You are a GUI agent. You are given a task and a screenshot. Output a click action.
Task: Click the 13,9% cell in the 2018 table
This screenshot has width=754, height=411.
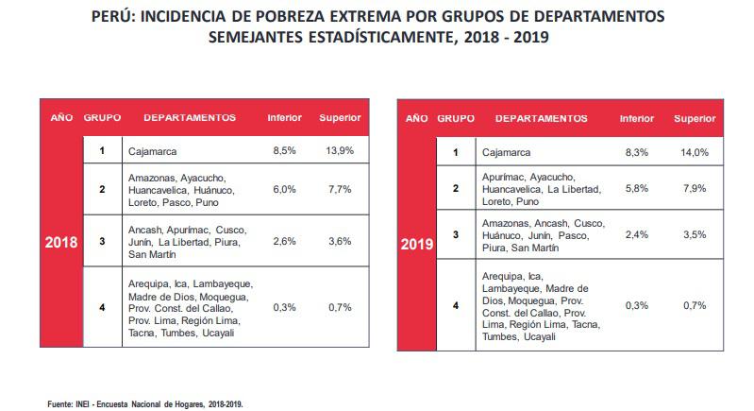coord(341,150)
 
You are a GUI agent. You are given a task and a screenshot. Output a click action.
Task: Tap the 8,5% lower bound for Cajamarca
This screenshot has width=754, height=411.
coord(284,150)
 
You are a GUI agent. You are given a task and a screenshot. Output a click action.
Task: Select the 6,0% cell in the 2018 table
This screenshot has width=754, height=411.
coord(284,189)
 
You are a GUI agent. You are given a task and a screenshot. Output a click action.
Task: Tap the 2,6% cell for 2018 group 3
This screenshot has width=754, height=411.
coord(284,242)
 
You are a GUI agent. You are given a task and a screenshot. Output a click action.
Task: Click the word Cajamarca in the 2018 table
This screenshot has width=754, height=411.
coord(152,150)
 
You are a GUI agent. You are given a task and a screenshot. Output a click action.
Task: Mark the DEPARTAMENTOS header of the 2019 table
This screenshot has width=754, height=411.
coord(541,119)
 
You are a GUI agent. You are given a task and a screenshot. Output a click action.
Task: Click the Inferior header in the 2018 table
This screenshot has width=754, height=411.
coord(284,118)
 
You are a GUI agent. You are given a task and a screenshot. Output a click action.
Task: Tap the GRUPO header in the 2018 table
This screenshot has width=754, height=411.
coord(101,118)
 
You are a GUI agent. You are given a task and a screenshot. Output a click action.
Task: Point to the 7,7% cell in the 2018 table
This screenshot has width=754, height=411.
coord(341,189)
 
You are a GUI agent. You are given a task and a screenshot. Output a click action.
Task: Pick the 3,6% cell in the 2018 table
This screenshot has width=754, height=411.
coord(341,242)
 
